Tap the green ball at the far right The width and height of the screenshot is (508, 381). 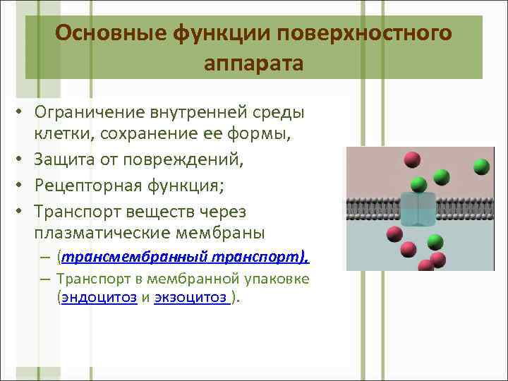[x=482, y=167]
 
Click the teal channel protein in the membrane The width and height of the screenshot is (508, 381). [x=418, y=210]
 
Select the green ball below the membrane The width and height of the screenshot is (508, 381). [x=435, y=241]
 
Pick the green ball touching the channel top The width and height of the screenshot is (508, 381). [x=418, y=186]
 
